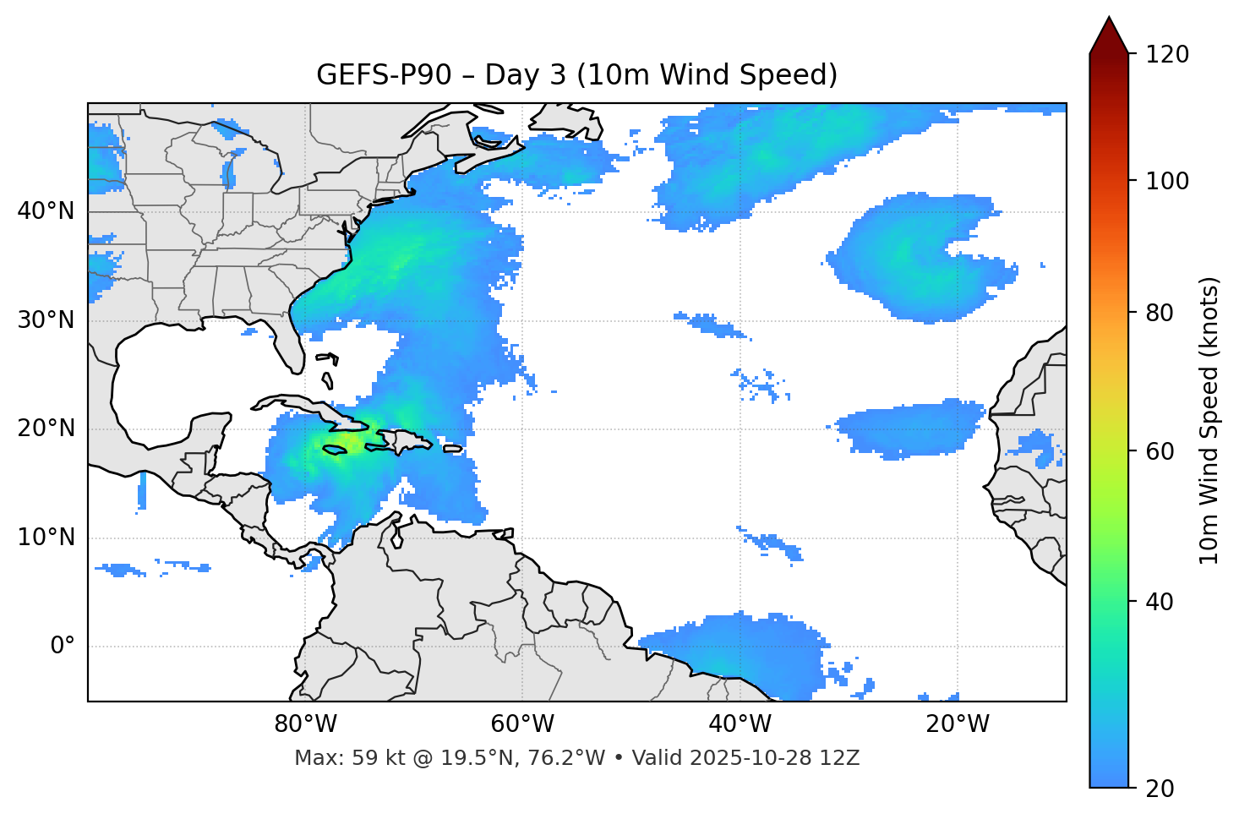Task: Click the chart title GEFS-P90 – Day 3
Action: pyautogui.click(x=576, y=75)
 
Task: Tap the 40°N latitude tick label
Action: pyautogui.click(x=46, y=211)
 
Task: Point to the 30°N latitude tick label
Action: pyautogui.click(x=46, y=320)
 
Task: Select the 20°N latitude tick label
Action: pyautogui.click(x=46, y=429)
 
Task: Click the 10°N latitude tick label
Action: pyautogui.click(x=46, y=538)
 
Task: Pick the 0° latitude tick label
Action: pyautogui.click(x=63, y=647)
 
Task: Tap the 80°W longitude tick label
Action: pyautogui.click(x=305, y=724)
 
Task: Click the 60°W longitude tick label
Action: pyautogui.click(x=522, y=724)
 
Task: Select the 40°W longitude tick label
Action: pyautogui.click(x=740, y=724)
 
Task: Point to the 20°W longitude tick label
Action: pyautogui.click(x=957, y=724)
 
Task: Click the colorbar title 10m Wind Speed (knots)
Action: pyautogui.click(x=1209, y=420)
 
